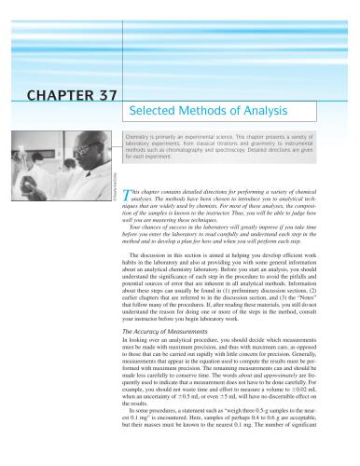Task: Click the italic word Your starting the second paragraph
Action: pos(140,226)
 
